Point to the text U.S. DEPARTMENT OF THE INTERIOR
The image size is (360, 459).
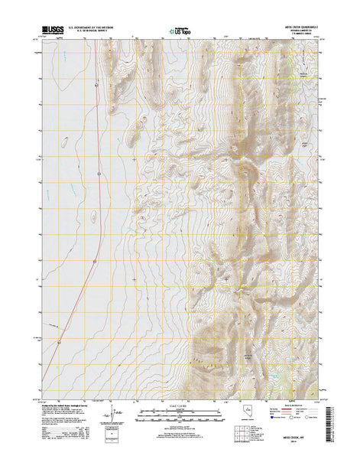coord(103,26)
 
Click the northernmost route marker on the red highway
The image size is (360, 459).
coord(100,174)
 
